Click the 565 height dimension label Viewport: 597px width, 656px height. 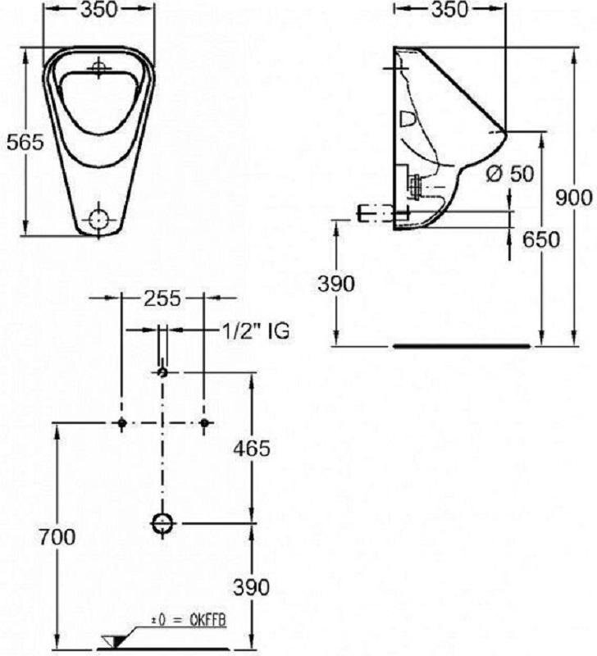(x=25, y=143)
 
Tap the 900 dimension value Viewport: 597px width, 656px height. (x=574, y=197)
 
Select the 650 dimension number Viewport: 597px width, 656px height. (x=541, y=239)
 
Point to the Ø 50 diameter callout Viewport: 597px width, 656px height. (x=510, y=173)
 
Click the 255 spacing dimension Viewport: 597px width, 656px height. (x=162, y=298)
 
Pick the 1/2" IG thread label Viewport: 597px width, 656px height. (x=255, y=331)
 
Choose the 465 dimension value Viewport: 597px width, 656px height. (x=252, y=449)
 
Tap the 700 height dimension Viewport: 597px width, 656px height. (x=57, y=537)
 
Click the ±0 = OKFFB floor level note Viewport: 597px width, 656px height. (x=189, y=621)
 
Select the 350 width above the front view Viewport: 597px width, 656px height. (x=99, y=9)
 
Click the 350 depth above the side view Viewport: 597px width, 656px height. (x=449, y=9)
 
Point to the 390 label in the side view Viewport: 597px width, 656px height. (x=336, y=284)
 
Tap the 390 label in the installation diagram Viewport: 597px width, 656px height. (x=252, y=587)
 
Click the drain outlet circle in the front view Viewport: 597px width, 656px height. (x=99, y=219)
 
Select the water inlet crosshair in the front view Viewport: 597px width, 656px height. (x=98, y=67)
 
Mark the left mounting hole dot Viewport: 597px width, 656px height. (x=121, y=422)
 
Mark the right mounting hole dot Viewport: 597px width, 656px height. (x=203, y=422)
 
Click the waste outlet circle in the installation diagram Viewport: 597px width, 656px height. (x=162, y=523)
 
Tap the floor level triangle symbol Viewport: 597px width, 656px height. (x=113, y=642)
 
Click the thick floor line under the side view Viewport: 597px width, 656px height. (x=462, y=346)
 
